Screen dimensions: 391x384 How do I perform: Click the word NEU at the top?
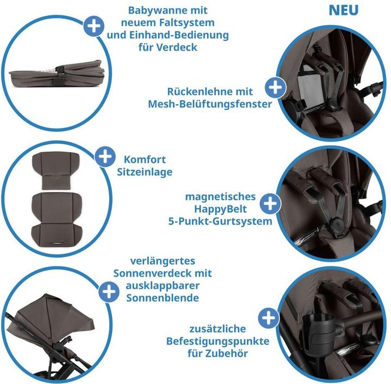[x=343, y=10]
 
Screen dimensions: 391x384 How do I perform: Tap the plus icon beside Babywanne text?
[x=94, y=26]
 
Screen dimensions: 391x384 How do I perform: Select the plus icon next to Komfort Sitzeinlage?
[x=105, y=157]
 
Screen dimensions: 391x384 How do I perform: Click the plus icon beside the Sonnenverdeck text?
[x=109, y=292]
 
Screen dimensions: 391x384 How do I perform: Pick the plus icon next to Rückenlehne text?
[x=275, y=87]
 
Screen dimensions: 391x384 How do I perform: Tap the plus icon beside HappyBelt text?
[x=270, y=204]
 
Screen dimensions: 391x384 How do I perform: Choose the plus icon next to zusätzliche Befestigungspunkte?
[x=269, y=318]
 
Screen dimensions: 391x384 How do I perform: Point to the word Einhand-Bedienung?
[x=179, y=35]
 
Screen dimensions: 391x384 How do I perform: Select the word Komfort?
[x=144, y=159]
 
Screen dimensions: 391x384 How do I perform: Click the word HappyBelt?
[x=220, y=209]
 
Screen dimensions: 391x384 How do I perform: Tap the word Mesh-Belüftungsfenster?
[x=210, y=104]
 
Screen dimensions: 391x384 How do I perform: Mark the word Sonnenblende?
[x=162, y=298]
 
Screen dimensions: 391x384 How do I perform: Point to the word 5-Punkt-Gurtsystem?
[x=220, y=221]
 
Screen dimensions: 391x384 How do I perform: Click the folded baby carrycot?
[x=56, y=74]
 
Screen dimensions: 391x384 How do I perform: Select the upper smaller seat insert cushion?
[x=56, y=170]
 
